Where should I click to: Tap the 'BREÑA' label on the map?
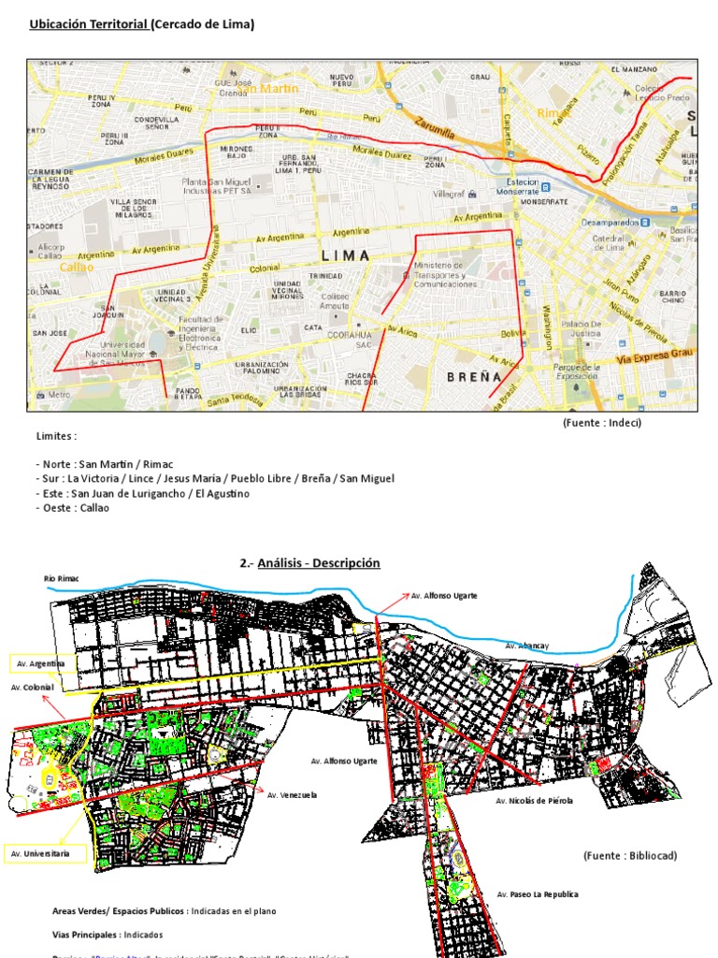pos(475,377)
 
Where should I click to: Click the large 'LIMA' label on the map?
pos(345,255)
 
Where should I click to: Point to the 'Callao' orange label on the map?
pos(76,267)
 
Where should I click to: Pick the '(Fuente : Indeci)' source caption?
pos(602,423)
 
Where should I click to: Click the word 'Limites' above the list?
pos(56,436)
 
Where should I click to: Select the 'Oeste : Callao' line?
pos(73,507)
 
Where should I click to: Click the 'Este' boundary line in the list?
pos(143,493)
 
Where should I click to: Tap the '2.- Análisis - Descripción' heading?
pos(309,563)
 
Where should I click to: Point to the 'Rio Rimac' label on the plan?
pos(62,579)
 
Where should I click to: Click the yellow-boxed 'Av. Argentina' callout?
pos(40,663)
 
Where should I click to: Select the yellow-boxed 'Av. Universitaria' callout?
pos(48,853)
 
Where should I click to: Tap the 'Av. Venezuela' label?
pos(292,795)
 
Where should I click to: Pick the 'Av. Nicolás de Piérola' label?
pos(534,801)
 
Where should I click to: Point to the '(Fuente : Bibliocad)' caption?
pos(629,856)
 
